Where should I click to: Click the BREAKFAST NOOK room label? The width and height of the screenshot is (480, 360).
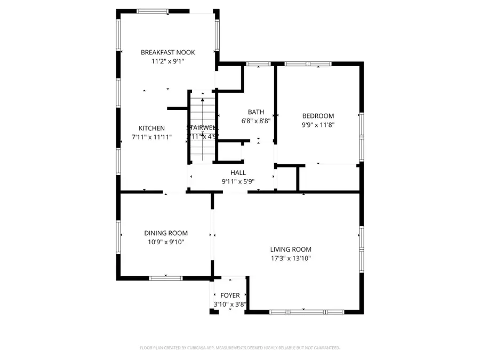click(x=167, y=52)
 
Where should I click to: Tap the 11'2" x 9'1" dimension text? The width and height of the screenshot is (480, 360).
click(x=167, y=61)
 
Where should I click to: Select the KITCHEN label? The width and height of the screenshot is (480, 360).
click(x=151, y=129)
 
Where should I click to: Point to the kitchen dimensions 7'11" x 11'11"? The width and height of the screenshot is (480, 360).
click(x=151, y=137)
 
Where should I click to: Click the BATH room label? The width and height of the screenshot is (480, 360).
click(x=256, y=112)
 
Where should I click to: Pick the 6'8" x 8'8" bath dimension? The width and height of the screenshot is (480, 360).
click(x=256, y=121)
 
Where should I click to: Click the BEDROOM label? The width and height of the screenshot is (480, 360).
click(x=318, y=116)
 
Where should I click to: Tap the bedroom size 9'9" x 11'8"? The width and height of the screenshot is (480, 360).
click(x=318, y=125)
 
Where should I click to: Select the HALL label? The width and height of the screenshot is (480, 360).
click(x=238, y=173)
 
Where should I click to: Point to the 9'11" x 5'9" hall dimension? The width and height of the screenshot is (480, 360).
click(x=238, y=181)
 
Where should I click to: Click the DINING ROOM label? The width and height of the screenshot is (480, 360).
click(x=166, y=233)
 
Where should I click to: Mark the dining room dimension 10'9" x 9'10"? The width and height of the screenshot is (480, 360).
click(x=166, y=242)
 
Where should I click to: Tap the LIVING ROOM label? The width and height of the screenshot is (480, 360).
click(x=290, y=250)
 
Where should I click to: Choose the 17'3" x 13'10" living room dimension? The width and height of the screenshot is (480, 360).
click(x=290, y=258)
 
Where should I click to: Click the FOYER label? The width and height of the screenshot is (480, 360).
click(x=230, y=295)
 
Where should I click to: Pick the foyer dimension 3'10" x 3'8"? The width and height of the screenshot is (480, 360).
click(x=230, y=304)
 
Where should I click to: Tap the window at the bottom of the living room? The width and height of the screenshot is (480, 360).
click(x=306, y=311)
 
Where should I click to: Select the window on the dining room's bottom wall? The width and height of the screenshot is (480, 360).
click(x=165, y=277)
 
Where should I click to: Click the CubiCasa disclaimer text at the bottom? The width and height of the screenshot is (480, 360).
click(x=239, y=348)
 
